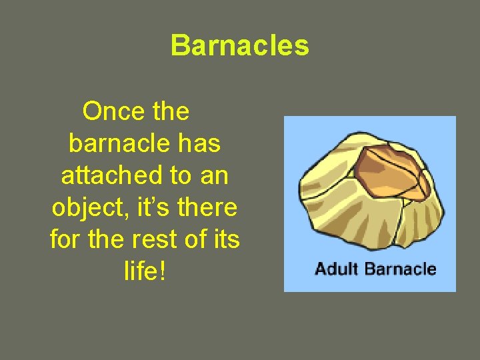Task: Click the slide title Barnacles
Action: coord(240,46)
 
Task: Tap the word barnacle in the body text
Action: coord(115,143)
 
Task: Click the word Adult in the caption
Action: coord(336,269)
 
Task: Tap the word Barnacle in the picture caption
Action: coord(399,269)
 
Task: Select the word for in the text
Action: coord(65,239)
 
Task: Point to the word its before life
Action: coord(224,239)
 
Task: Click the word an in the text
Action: coord(214,176)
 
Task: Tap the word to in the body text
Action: coord(181,175)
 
